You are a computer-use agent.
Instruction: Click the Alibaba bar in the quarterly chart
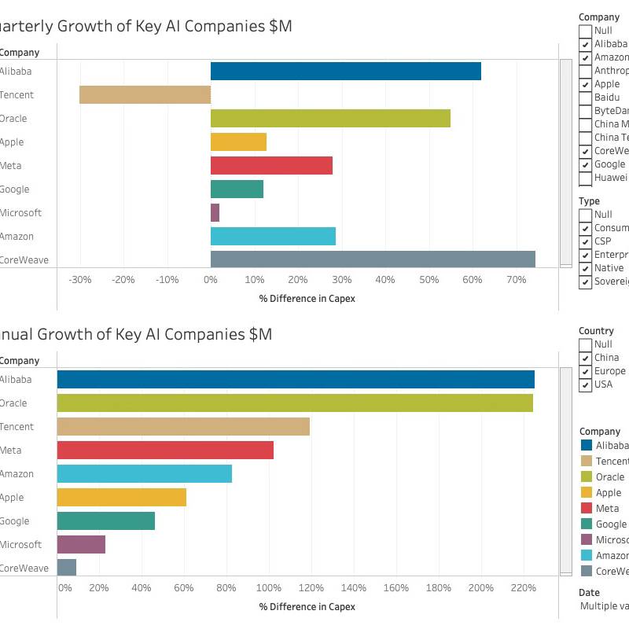pyautogui.click(x=346, y=71)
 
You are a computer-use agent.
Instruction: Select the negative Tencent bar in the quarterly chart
pyautogui.click(x=145, y=94)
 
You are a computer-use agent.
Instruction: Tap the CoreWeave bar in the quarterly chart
pyautogui.click(x=373, y=259)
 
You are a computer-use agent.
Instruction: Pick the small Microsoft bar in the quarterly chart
pyautogui.click(x=215, y=212)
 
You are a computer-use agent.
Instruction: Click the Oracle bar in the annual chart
pyautogui.click(x=295, y=403)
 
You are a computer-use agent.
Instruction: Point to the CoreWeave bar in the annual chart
pyautogui.click(x=67, y=568)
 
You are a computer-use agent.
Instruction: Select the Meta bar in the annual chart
pyautogui.click(x=165, y=450)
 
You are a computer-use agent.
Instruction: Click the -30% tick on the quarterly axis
pyautogui.click(x=80, y=280)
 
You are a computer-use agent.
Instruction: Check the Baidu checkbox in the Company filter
pyautogui.click(x=586, y=97)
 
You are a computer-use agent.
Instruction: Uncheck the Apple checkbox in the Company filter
pyautogui.click(x=586, y=84)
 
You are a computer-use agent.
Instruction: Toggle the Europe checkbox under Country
pyautogui.click(x=586, y=371)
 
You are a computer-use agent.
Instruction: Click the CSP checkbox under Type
pyautogui.click(x=586, y=241)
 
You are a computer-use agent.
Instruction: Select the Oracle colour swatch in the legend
pyautogui.click(x=586, y=476)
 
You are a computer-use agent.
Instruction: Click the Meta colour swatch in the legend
pyautogui.click(x=586, y=508)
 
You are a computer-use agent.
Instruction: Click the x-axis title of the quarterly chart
pyautogui.click(x=307, y=299)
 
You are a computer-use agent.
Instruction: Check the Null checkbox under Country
pyautogui.click(x=586, y=344)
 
